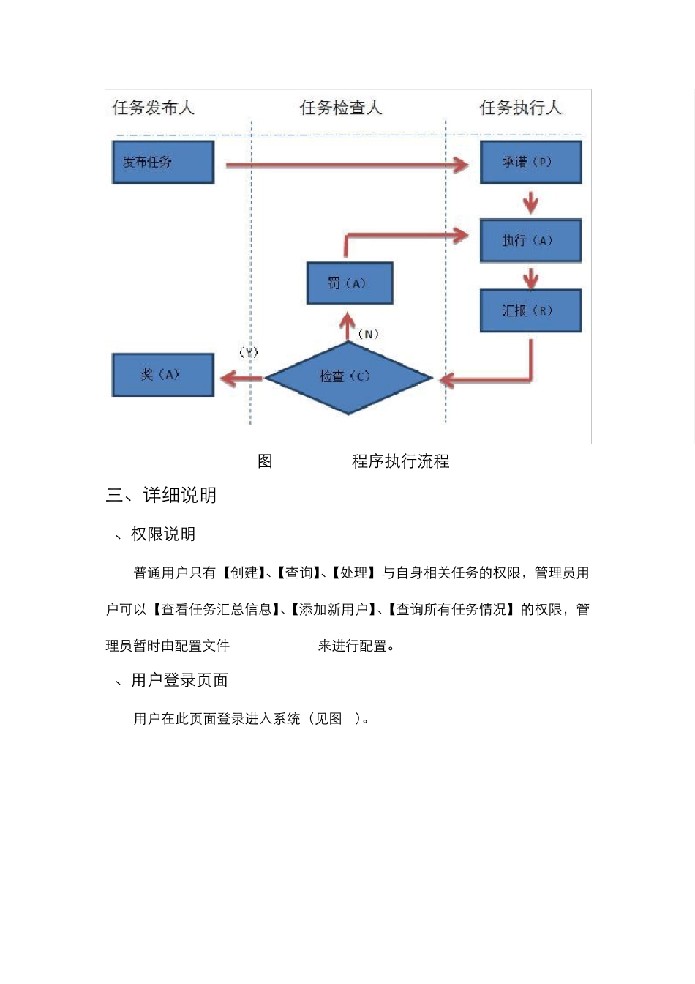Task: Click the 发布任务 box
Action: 162,162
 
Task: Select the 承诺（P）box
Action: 530,162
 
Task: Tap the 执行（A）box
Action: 530,240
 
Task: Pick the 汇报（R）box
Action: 530,310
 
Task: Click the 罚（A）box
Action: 350,283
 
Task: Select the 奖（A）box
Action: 162,375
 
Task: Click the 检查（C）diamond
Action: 348,378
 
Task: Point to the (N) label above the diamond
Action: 368,334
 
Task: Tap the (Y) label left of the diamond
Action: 249,352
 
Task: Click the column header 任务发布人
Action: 153,108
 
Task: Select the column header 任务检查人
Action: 341,108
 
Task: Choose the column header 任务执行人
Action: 520,108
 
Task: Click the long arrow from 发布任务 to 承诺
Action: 344,165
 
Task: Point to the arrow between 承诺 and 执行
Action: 530,201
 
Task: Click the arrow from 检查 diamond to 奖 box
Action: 241,378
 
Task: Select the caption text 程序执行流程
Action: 400,461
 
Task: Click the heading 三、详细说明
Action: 161,496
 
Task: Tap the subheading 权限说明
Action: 162,534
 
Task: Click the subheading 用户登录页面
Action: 179,681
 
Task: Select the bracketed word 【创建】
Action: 244,573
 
